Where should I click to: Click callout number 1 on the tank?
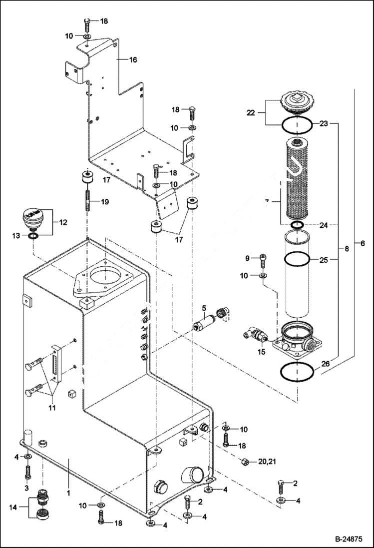pos(68,492)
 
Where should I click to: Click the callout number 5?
pos(204,307)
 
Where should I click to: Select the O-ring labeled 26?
pos(298,372)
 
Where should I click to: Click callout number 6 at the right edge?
pos(363,243)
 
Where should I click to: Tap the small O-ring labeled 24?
pos(297,225)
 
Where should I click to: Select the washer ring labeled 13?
pos(32,236)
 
